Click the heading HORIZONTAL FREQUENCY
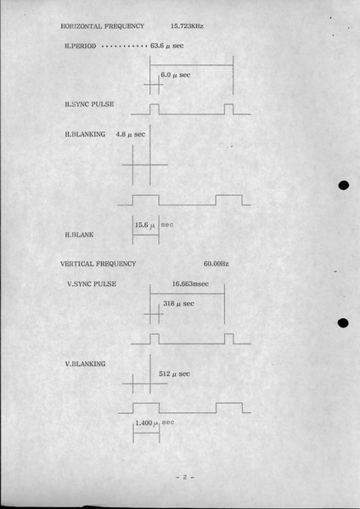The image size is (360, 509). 103,26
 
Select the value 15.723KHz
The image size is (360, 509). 187,26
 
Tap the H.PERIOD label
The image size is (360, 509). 81,46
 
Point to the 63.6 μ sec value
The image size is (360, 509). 166,46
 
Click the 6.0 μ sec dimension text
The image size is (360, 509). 176,75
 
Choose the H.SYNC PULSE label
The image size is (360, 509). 89,104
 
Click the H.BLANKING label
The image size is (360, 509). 85,134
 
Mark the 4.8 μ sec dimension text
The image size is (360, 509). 130,134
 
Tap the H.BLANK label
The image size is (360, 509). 79,234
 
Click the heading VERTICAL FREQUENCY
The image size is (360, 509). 98,264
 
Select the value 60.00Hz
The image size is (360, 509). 216,264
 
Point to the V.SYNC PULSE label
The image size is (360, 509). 92,284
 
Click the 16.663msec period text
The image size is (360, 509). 190,283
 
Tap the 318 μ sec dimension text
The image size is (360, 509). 178,304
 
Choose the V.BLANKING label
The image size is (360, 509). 85,364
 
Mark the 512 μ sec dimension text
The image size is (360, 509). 174,374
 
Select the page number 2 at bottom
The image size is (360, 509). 185,477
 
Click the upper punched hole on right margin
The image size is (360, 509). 343,185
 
